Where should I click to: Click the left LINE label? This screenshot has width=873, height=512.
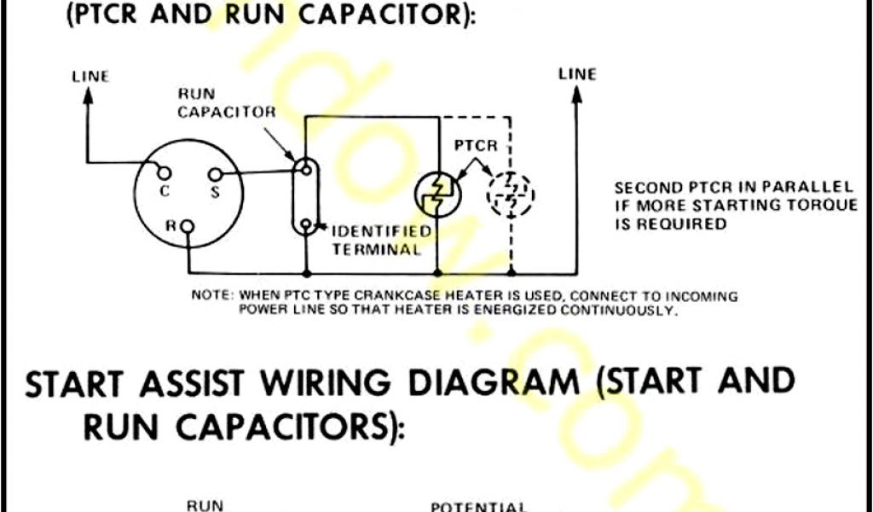click(90, 77)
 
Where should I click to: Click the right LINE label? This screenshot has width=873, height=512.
click(577, 74)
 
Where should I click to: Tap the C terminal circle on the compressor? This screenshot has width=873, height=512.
click(165, 175)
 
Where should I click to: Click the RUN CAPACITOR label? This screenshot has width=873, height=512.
click(227, 104)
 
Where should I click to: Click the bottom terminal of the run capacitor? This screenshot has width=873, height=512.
click(304, 225)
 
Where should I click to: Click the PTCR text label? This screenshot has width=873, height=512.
click(476, 146)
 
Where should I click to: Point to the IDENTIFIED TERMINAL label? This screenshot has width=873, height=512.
click(381, 241)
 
